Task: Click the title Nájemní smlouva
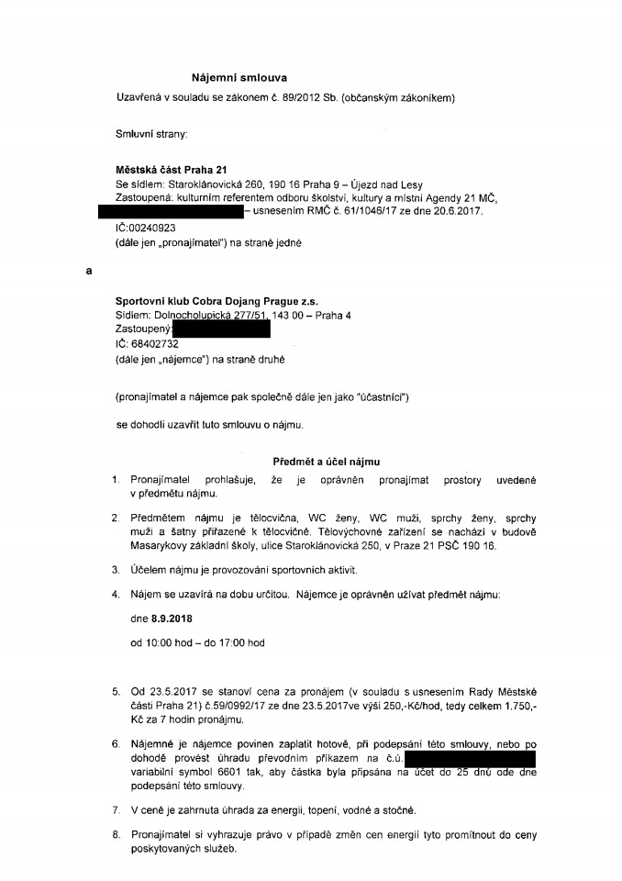pyautogui.click(x=239, y=78)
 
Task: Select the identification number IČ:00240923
pyautogui.click(x=146, y=226)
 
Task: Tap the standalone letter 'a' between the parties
pyautogui.click(x=89, y=272)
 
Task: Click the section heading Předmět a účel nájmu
pyautogui.click(x=327, y=462)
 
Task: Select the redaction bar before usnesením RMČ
pyautogui.click(x=171, y=212)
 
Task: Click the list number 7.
pyautogui.click(x=116, y=810)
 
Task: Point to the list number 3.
pyautogui.click(x=116, y=570)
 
